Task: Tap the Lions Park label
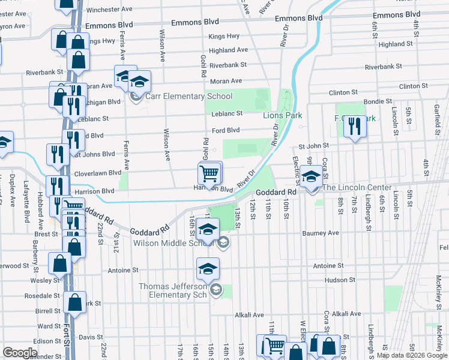point(282,115)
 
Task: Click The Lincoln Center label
point(357,188)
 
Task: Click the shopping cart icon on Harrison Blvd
point(208,173)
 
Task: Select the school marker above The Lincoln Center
point(311,176)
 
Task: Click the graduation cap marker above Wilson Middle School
point(208,229)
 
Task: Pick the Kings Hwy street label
point(224,37)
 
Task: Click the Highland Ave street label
point(229,50)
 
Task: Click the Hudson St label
point(340,280)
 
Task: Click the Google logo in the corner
point(20,353)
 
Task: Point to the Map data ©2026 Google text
point(412,356)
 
